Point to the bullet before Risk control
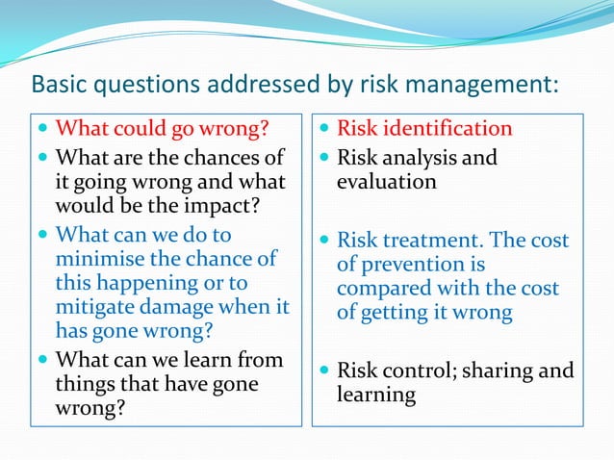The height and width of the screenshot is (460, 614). click(x=322, y=371)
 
